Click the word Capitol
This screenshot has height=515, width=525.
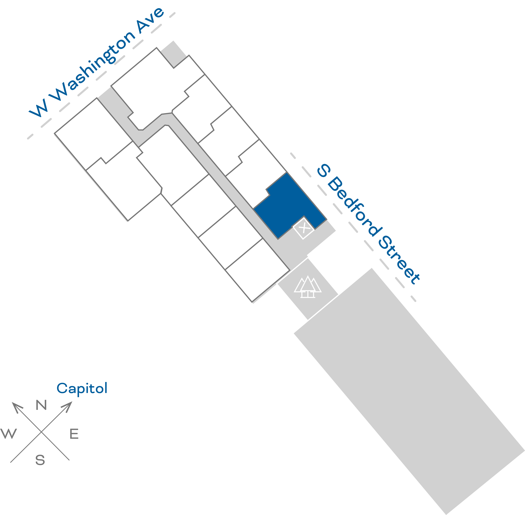[x=82, y=389]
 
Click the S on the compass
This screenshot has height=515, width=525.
[x=40, y=460]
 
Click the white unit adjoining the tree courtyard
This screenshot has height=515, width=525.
[x=257, y=270]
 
